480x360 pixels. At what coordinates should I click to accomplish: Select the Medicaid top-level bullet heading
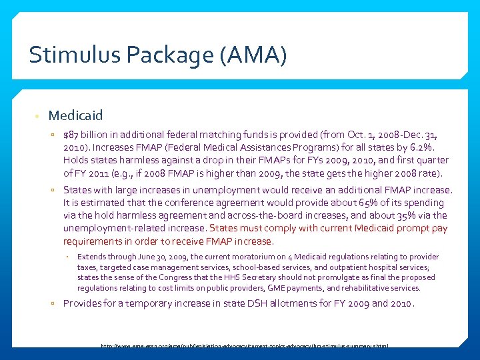point(75,116)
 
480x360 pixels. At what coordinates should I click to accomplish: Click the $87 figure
point(71,135)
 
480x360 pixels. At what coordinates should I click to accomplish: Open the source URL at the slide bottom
point(244,347)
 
